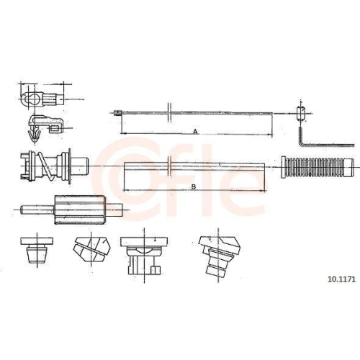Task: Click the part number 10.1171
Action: click(x=341, y=279)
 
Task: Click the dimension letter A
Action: click(x=196, y=131)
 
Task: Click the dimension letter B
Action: click(x=194, y=186)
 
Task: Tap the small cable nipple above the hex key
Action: click(x=301, y=113)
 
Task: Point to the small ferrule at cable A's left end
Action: click(x=117, y=113)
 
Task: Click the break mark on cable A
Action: click(x=169, y=113)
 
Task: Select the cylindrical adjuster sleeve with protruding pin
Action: click(x=72, y=210)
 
